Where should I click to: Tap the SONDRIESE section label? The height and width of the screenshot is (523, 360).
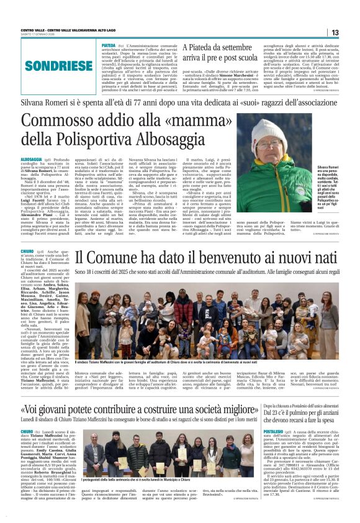tap(59, 65)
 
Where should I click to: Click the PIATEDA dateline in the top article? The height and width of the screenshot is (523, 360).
tap(108, 46)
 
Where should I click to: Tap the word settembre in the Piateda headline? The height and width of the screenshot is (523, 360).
tap(233, 47)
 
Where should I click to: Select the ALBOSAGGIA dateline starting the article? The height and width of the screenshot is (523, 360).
tap(32, 160)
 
